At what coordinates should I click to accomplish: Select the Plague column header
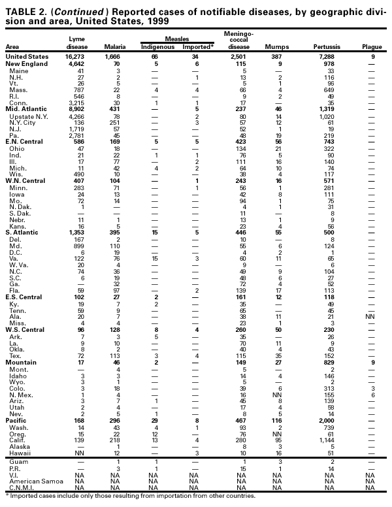click(371, 47)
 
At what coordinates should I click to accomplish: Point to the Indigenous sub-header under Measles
click(156, 47)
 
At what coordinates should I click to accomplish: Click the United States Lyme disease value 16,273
click(76, 57)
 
